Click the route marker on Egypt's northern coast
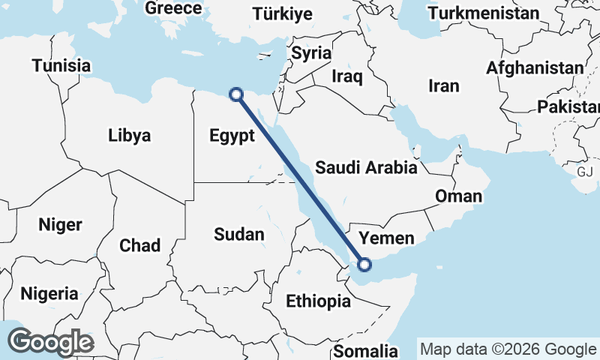236,94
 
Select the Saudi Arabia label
366,167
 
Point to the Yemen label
386,238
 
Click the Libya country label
129,136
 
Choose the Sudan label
239,234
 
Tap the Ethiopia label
319,301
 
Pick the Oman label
458,196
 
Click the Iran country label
444,86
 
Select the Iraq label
347,76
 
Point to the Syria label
311,53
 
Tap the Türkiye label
282,13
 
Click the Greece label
174,8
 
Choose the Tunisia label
61,65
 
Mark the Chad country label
139,245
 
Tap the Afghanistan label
535,67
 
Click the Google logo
51,342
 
